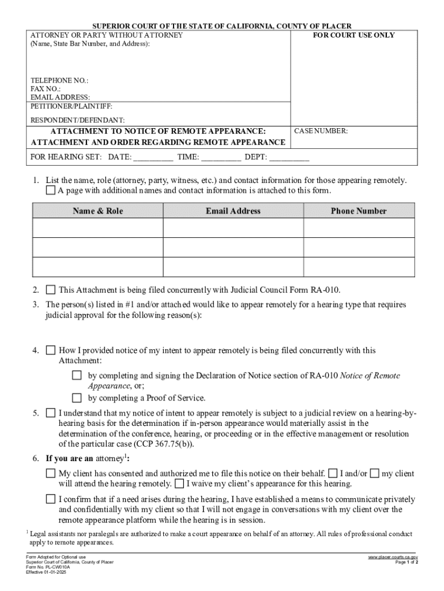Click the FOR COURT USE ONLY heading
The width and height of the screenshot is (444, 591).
[x=353, y=35]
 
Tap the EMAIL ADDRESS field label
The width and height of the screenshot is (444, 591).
[x=60, y=98]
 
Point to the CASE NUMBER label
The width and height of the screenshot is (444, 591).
[x=321, y=131]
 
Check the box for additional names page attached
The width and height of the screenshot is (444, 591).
[x=51, y=190]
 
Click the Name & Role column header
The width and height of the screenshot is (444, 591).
[x=97, y=211]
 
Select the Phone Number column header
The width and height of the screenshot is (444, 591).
[x=358, y=211]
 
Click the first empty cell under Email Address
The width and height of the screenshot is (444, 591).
[x=233, y=228]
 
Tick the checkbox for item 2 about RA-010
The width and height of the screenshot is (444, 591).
[x=51, y=290]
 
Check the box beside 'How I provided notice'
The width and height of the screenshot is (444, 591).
[x=51, y=350]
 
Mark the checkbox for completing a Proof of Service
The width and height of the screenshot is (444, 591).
[x=77, y=398]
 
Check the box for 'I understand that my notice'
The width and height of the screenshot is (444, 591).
[x=51, y=413]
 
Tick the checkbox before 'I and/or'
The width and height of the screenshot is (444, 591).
[x=333, y=473]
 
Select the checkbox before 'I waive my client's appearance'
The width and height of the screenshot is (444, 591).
[x=179, y=484]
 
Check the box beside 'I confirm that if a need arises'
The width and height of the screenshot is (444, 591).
[x=51, y=499]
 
